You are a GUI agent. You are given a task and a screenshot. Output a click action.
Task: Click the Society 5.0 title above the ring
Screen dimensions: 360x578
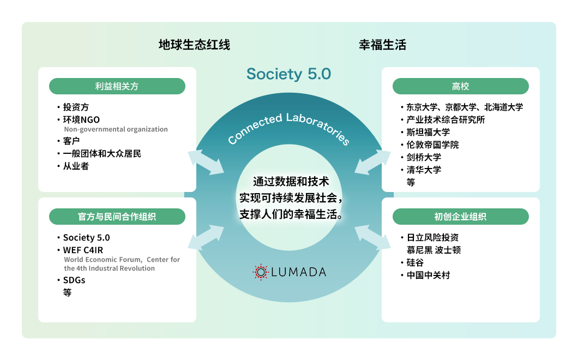coord(288,74)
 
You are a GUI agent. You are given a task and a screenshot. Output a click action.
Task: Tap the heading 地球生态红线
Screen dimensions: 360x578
coord(194,45)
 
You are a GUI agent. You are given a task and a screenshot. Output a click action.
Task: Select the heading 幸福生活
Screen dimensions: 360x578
coord(382,45)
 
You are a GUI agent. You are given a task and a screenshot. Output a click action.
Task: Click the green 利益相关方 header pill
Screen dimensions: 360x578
coord(117,86)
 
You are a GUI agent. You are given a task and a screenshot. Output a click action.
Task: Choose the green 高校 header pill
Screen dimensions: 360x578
coord(460,86)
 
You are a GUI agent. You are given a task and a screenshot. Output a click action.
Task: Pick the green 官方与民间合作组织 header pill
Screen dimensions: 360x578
coord(117,217)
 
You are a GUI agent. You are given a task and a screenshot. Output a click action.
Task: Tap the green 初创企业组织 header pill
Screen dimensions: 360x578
coord(460,217)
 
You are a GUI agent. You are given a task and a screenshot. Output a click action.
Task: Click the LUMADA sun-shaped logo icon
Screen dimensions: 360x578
coord(261,272)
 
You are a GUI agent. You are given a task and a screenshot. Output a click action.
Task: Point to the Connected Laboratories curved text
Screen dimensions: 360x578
coord(288,128)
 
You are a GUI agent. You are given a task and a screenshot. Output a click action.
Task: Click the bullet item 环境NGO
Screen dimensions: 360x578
coord(81,119)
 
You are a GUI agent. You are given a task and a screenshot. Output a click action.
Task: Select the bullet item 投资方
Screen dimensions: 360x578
coord(76,107)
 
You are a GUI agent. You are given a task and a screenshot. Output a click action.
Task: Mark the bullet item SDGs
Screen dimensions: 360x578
coord(74,280)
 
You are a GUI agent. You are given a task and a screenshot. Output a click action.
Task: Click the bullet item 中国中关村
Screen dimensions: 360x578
coord(428,275)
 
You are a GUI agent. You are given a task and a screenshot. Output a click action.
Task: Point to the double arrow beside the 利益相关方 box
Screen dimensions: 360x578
coord(206,162)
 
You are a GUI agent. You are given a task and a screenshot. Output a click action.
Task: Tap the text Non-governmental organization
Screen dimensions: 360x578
coord(116,129)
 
